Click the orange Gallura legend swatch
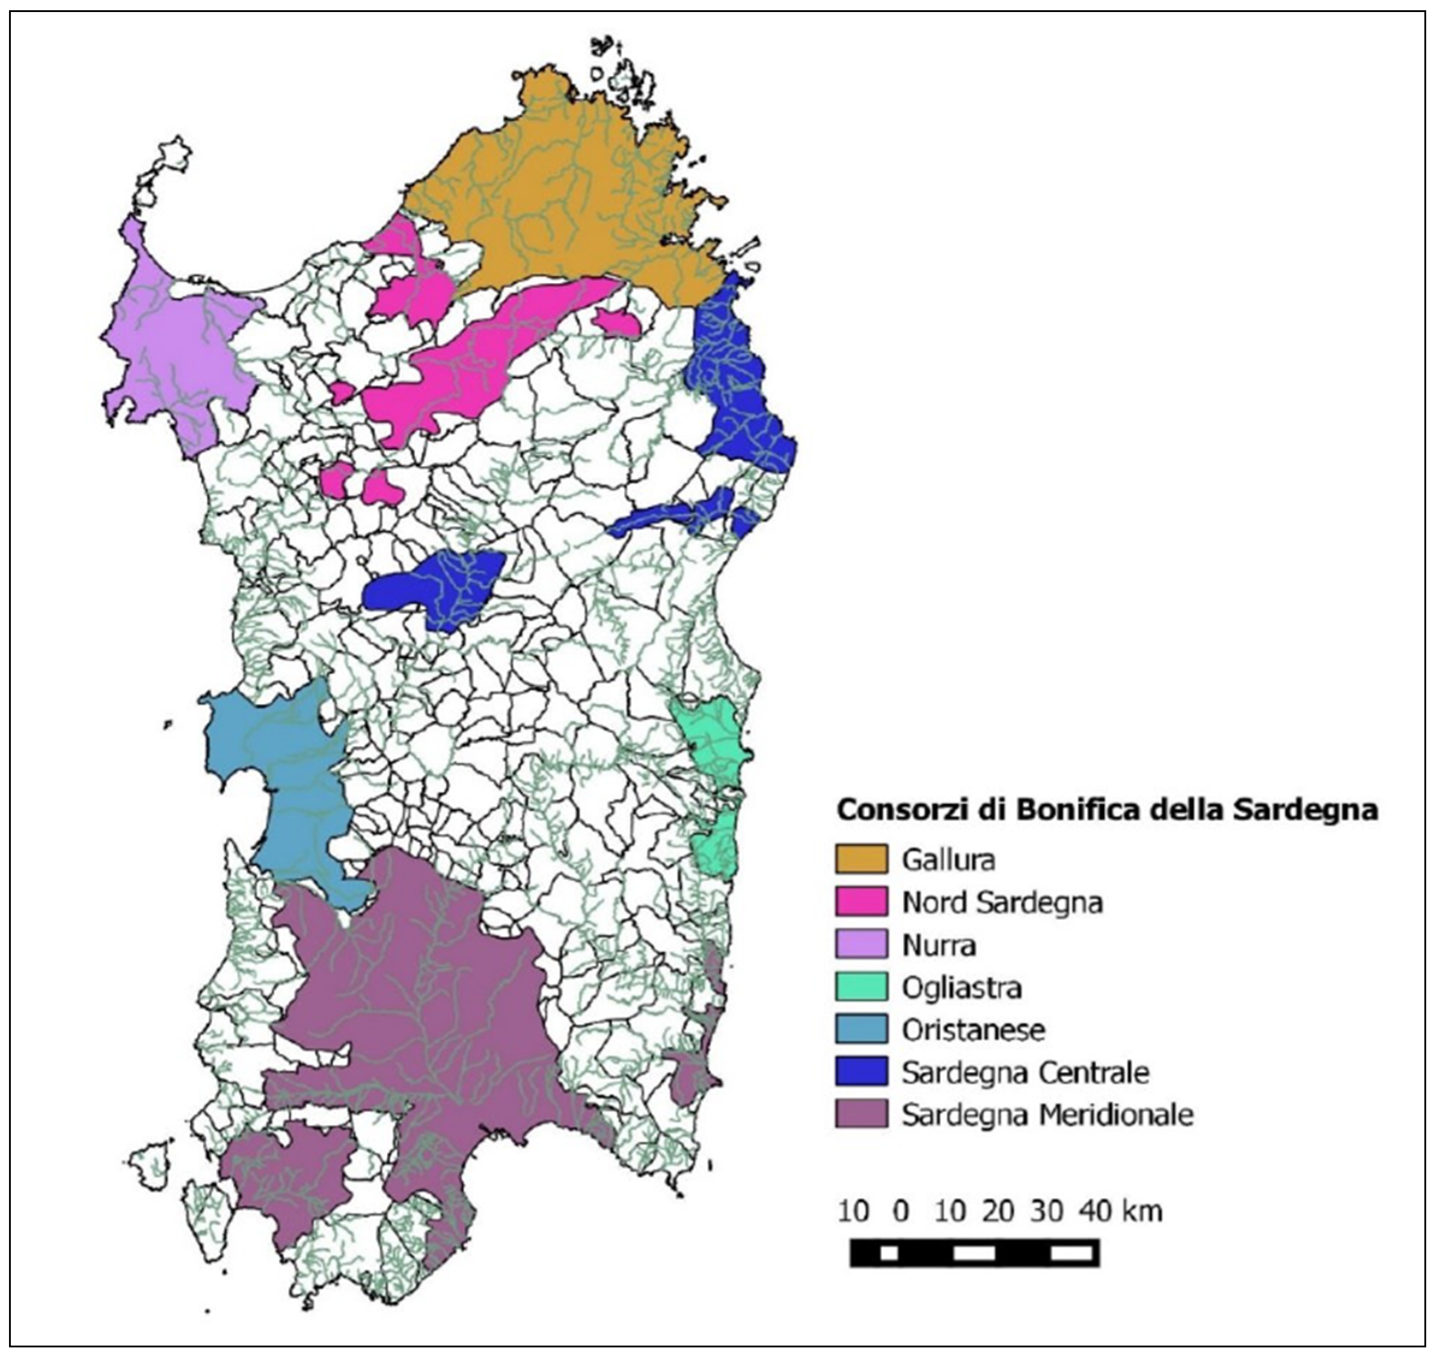click(860, 860)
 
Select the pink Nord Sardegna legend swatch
click(860, 902)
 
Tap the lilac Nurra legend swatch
click(860, 945)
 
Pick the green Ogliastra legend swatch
click(860, 987)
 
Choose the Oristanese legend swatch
click(860, 1029)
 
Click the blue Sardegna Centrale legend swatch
click(860, 1072)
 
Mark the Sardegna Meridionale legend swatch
click(860, 1115)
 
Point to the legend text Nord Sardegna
click(1002, 902)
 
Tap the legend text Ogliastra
click(961, 988)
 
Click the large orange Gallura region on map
click(564, 195)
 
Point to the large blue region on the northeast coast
click(738, 384)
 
